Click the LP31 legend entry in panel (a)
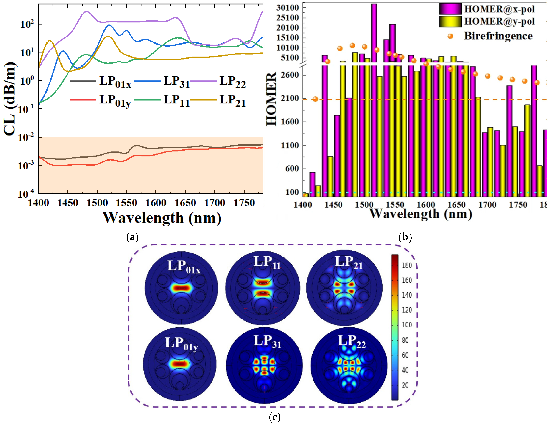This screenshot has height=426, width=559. [x=176, y=82]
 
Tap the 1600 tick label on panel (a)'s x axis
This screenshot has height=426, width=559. [x=155, y=203]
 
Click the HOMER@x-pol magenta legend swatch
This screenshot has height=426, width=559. [x=450, y=9]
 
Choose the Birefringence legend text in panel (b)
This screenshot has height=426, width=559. [x=498, y=36]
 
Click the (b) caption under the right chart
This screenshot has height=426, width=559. [x=405, y=237]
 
